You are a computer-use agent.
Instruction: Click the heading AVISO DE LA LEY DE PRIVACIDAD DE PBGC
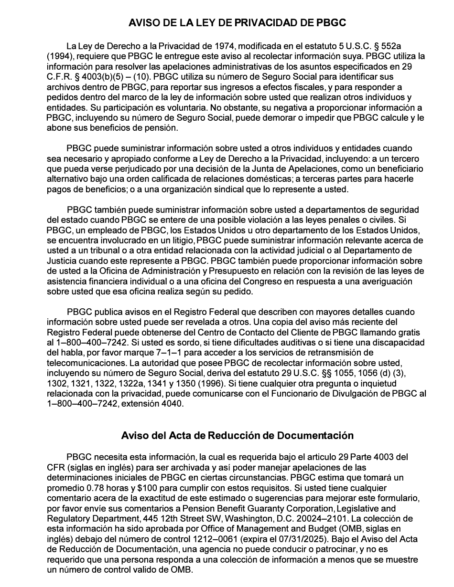pos(238,23)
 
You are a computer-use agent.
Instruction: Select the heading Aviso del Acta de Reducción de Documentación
pos(238,435)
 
